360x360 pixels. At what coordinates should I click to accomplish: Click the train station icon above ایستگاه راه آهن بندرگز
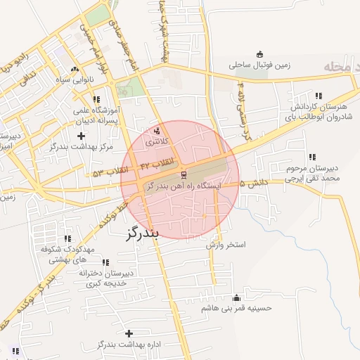click(184, 174)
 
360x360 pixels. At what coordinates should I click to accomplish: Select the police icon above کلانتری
click(156, 130)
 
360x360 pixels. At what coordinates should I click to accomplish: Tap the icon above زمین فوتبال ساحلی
click(259, 54)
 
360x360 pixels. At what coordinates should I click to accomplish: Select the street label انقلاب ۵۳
click(112, 171)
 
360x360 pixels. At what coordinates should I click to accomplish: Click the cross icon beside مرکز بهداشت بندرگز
click(81, 135)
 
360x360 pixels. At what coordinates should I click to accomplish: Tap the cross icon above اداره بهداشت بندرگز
click(128, 333)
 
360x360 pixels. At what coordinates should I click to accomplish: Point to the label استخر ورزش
click(226, 245)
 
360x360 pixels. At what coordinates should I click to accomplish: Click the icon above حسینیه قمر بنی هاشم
click(236, 297)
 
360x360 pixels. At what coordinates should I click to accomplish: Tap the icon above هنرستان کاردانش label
click(319, 96)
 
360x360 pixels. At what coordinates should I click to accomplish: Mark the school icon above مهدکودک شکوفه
click(67, 238)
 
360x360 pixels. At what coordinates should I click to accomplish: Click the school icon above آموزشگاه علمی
click(96, 100)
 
